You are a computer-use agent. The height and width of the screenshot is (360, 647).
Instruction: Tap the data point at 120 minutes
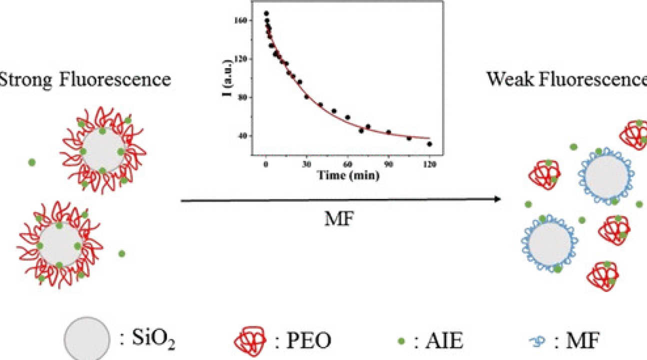click(x=429, y=144)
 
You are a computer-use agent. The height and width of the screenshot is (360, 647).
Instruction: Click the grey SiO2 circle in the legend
click(x=86, y=338)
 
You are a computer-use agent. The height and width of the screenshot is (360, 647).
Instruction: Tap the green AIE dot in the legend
click(x=400, y=341)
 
